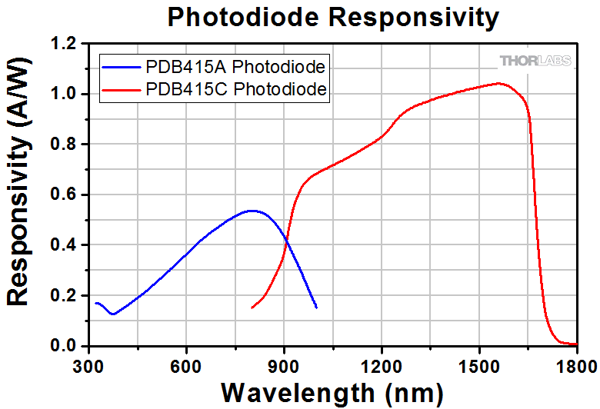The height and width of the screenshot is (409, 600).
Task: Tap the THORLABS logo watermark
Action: [x=535, y=61]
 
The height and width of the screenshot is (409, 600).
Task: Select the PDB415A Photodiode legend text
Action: [x=236, y=66]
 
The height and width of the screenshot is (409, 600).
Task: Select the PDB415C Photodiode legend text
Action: [x=236, y=89]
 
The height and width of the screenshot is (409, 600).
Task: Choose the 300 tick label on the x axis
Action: [x=89, y=366]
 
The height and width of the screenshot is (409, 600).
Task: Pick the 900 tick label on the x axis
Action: [x=285, y=366]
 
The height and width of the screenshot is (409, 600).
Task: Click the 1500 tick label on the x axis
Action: [x=479, y=366]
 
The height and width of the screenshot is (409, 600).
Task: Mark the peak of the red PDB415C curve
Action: [x=498, y=83]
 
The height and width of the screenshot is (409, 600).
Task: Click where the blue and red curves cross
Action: [x=285, y=239]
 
